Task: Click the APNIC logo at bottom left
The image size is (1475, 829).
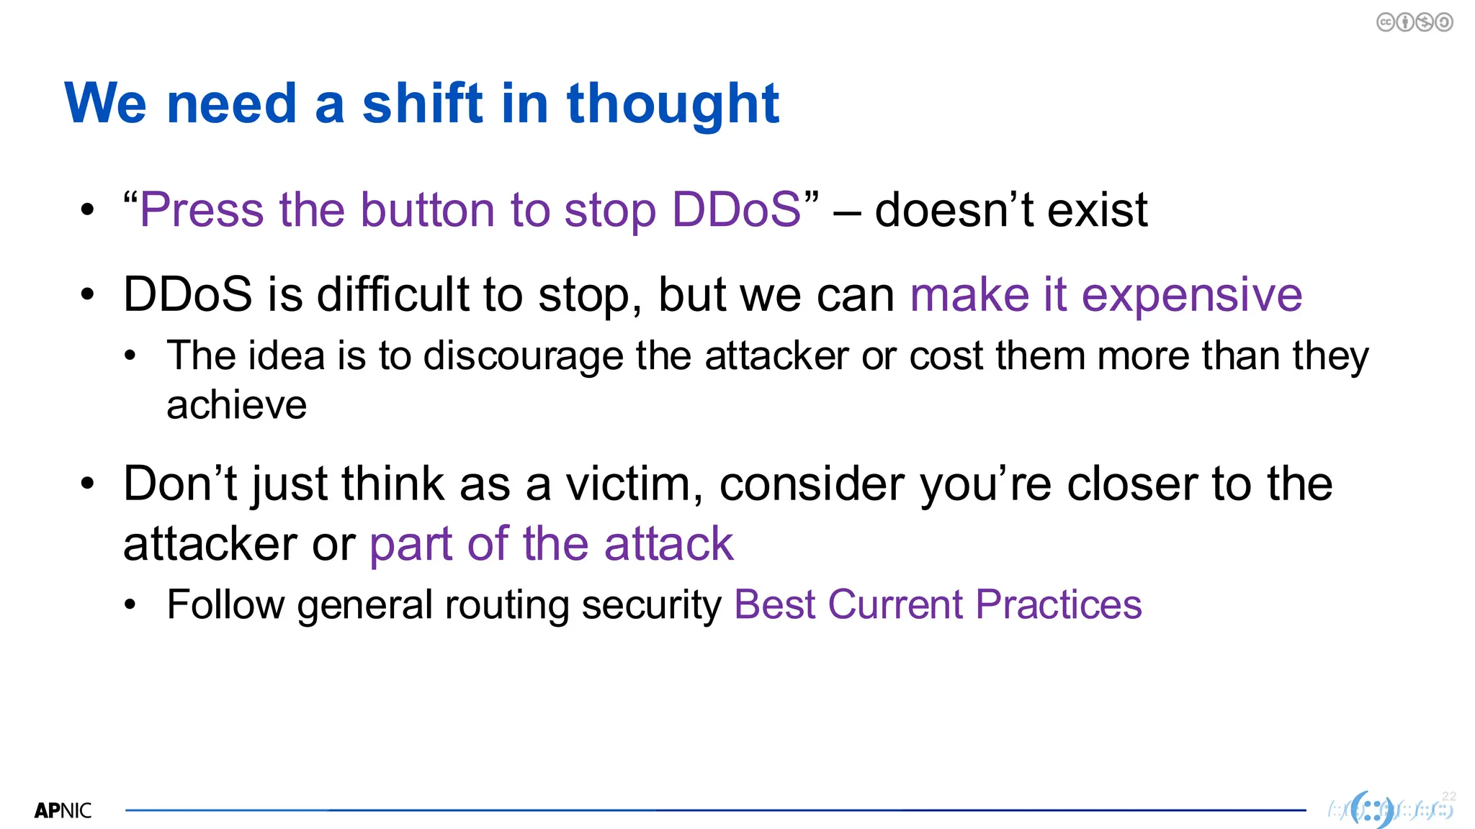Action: click(x=63, y=810)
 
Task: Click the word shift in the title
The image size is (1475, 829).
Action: click(x=422, y=104)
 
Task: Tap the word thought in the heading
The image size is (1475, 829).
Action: click(x=673, y=105)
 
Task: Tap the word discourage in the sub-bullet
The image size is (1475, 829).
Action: click(x=523, y=357)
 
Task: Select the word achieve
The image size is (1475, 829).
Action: click(x=236, y=405)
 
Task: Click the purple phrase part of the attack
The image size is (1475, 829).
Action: click(x=551, y=544)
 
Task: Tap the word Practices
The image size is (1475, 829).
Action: click(x=1058, y=604)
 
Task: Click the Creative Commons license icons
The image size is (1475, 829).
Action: click(x=1415, y=22)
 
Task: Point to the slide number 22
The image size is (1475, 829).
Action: click(x=1449, y=796)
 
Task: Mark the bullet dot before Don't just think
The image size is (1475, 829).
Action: click(x=87, y=484)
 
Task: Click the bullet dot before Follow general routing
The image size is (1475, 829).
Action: click(x=130, y=605)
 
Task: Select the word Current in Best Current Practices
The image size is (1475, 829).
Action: click(x=895, y=604)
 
